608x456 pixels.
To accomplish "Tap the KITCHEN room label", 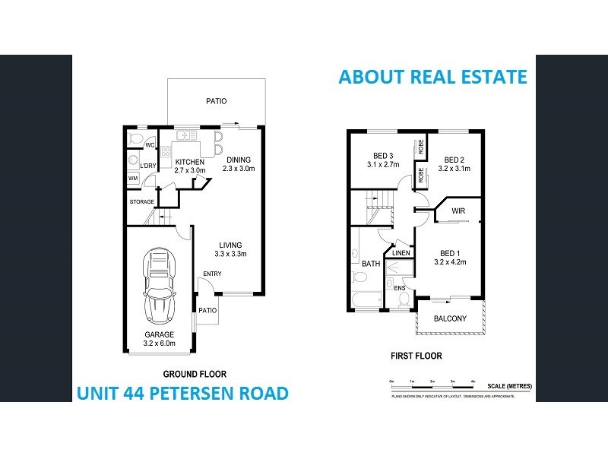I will click(x=190, y=166).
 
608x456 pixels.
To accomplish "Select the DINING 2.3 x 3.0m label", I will click(x=242, y=163).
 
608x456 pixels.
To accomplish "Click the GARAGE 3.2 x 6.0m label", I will click(x=160, y=339).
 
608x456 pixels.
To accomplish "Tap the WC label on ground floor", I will click(x=150, y=145).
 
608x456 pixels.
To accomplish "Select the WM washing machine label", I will click(x=133, y=179).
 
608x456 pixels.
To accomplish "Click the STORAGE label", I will click(x=141, y=201).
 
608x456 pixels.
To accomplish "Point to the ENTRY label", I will click(x=212, y=274).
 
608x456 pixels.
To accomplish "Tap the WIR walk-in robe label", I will click(x=458, y=211).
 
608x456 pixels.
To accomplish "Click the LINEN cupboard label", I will click(x=401, y=252).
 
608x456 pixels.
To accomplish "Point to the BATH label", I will click(x=371, y=264).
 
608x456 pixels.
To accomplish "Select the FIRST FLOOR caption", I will click(x=416, y=356).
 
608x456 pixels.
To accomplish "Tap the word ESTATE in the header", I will click(x=490, y=77).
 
